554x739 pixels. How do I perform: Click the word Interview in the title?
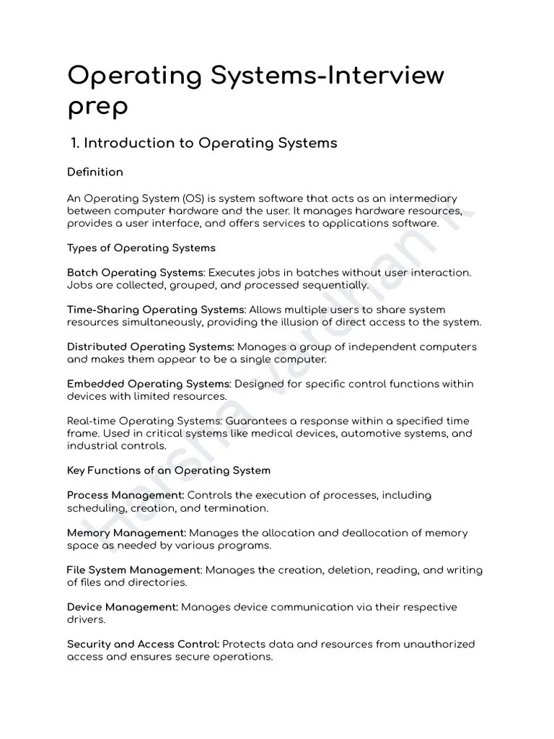pyautogui.click(x=382, y=76)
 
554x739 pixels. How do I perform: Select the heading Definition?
pyautogui.click(x=94, y=172)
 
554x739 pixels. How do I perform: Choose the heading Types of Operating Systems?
pyautogui.click(x=141, y=248)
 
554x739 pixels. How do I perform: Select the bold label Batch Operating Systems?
pyautogui.click(x=136, y=273)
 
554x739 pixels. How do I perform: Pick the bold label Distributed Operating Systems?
pyautogui.click(x=150, y=347)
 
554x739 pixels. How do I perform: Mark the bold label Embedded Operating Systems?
pyautogui.click(x=148, y=384)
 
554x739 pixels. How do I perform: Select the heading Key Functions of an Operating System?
pyautogui.click(x=168, y=471)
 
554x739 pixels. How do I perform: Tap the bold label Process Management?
pyautogui.click(x=126, y=496)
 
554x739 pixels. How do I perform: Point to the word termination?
pyautogui.click(x=237, y=508)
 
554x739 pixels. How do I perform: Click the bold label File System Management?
pyautogui.click(x=133, y=570)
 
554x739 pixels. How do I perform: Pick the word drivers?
pyautogui.click(x=87, y=619)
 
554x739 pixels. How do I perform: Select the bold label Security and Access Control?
pyautogui.click(x=143, y=644)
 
